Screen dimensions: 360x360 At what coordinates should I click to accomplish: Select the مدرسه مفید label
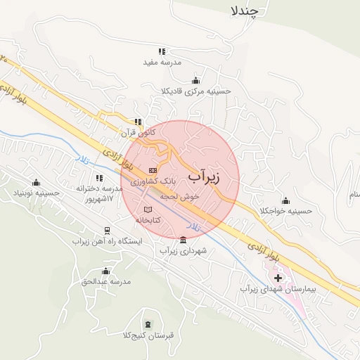[162, 62]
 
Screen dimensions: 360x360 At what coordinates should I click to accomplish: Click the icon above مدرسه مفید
[162, 51]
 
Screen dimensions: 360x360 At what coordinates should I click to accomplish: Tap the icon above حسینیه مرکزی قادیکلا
[195, 80]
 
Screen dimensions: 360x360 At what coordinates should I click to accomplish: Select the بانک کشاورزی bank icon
[153, 171]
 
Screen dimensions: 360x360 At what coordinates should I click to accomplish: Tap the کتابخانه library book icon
[147, 210]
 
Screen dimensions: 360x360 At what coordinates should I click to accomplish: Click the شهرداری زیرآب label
[183, 250]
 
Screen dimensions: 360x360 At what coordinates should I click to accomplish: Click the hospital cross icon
[278, 278]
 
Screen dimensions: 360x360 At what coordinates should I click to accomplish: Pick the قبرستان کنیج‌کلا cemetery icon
[146, 323]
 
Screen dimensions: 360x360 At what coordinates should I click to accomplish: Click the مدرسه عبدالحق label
[106, 282]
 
